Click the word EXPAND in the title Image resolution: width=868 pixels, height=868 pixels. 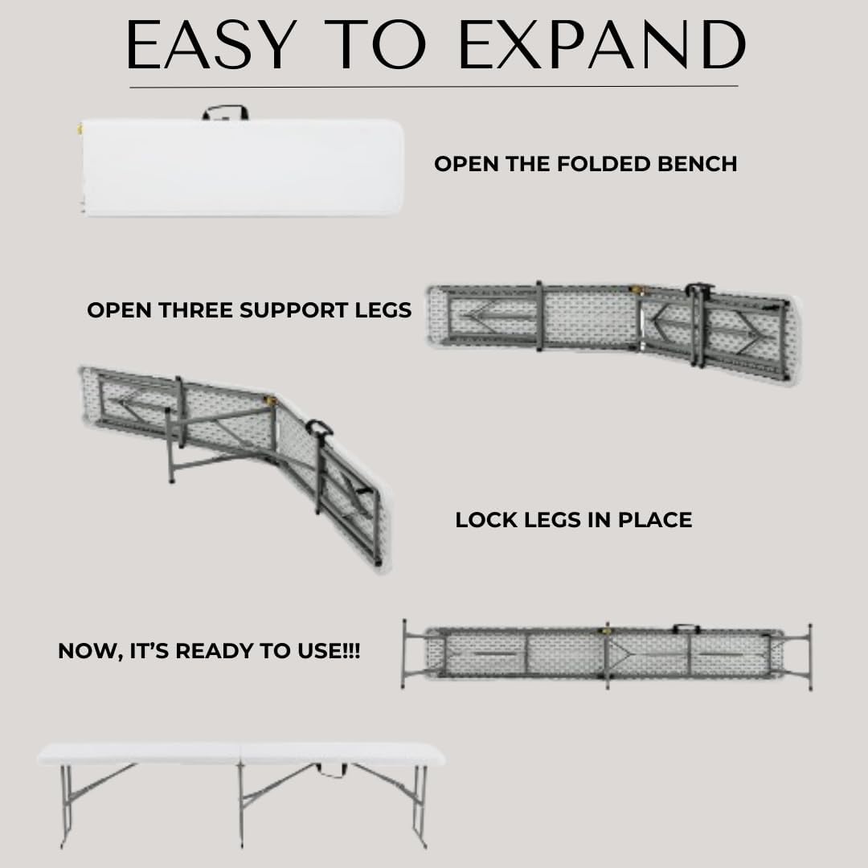tap(600, 45)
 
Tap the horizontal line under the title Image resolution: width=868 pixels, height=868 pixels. tap(434, 86)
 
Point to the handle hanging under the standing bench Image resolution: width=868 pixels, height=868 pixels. tap(331, 771)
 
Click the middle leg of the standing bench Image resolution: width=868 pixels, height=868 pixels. tap(241, 804)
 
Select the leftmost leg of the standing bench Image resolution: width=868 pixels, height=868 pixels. tap(65, 804)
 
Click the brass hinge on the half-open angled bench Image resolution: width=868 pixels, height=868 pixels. tap(270, 399)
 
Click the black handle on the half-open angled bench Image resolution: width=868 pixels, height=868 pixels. tap(319, 428)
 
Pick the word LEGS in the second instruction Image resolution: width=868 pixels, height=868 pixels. tap(383, 310)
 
